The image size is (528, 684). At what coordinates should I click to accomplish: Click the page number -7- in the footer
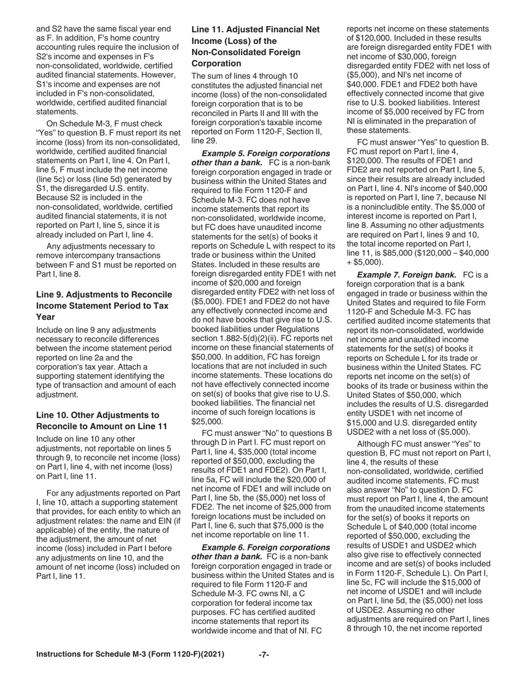click(264, 670)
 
